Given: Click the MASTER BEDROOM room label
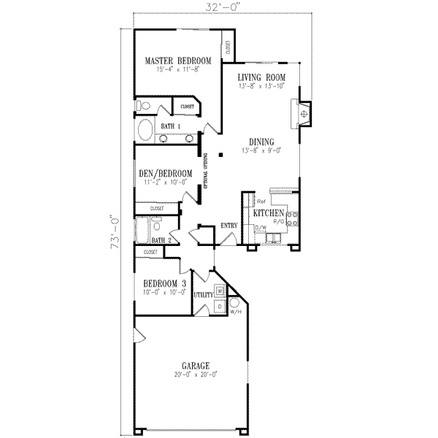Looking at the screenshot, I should coord(177,61).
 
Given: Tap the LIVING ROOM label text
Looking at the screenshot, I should coord(261,77).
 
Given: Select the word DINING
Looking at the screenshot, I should coord(261,142).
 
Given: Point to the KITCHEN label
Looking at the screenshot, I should coord(268,212).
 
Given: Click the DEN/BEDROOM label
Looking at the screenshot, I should coord(165,173).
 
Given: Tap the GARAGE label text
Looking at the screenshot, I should coord(196,365).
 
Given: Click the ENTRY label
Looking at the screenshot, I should coord(228,226).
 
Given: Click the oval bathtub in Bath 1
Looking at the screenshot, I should coord(146,131).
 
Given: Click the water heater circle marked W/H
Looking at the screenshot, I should coord(234,302).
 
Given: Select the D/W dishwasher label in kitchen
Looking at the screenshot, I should coord(259,228).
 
